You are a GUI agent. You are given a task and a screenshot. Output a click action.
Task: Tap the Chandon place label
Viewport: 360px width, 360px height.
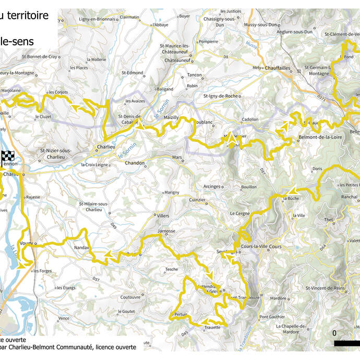pyautogui.click(x=134, y=163)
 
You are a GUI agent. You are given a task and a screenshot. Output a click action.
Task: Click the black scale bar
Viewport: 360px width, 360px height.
pyautogui.click(x=346, y=343)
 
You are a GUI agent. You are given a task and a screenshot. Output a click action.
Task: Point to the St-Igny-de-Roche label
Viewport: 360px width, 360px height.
pyautogui.click(x=220, y=97)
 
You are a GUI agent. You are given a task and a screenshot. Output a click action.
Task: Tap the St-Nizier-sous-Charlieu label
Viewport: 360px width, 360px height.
pyautogui.click(x=59, y=153)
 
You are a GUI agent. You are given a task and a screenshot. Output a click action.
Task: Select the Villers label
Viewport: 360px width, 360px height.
pyautogui.click(x=163, y=215)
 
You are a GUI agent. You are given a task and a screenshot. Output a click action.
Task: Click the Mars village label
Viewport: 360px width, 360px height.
pyautogui.click(x=176, y=156)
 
